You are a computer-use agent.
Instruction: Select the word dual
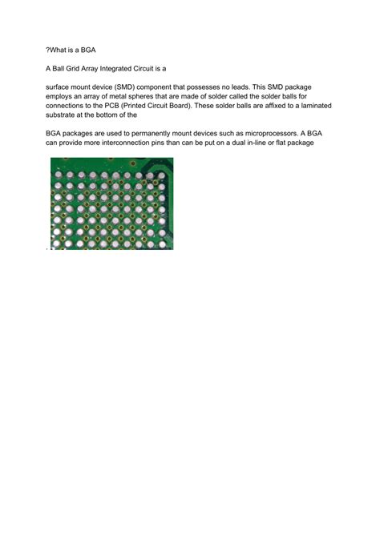point(255,143)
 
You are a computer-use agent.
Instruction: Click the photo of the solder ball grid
point(111,204)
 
